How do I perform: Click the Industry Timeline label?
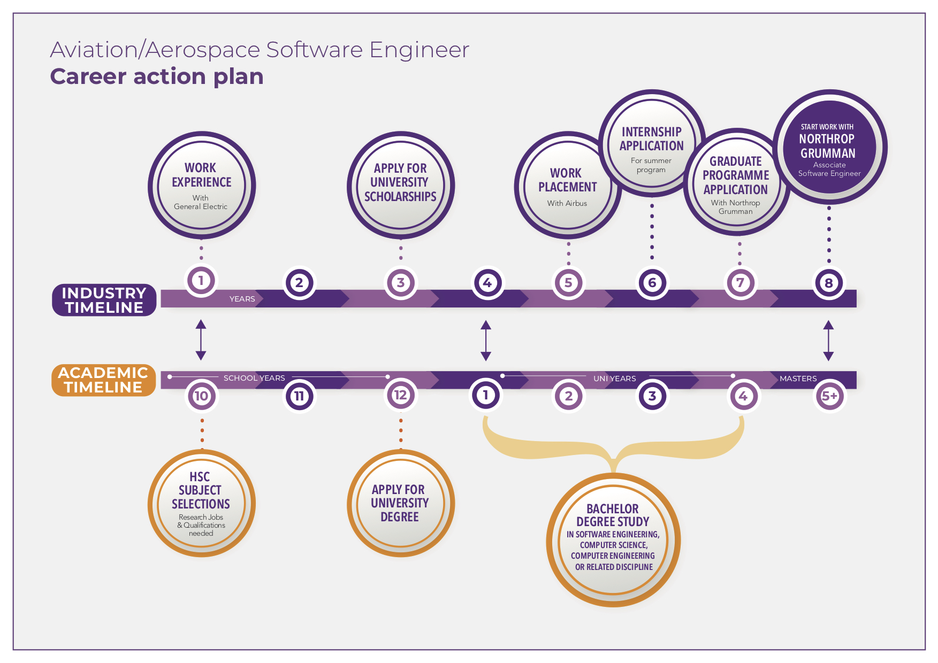coord(104,300)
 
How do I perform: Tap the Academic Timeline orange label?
coord(103,380)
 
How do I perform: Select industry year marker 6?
coord(652,283)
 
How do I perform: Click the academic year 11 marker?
coord(299,396)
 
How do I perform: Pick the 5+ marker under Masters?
coord(829,396)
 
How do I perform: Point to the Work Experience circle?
coord(201,185)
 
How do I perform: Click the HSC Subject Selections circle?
coord(201,503)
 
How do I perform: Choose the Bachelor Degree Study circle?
coord(613,540)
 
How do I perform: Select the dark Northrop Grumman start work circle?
coord(829,147)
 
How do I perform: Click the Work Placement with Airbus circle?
coord(567,185)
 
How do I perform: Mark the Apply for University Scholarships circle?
coord(400,185)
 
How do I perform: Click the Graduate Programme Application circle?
coord(736,182)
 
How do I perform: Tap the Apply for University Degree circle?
coord(400,503)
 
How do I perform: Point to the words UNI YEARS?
coord(614,379)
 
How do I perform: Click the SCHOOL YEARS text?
coord(254,378)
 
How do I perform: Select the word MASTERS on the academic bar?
coord(798,379)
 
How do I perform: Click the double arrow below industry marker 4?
coord(486,341)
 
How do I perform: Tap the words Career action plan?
coord(157,76)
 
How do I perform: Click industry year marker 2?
coord(299,283)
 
